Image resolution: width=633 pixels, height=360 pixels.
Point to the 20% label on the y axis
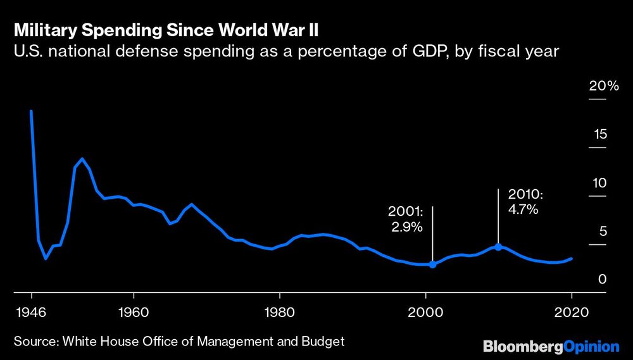[603, 86]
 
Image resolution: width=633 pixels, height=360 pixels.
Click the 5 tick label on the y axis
[603, 231]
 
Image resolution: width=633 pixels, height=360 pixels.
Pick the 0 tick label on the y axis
[603, 280]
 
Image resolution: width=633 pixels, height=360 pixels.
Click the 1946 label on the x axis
[31, 312]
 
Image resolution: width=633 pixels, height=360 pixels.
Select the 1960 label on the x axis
[134, 312]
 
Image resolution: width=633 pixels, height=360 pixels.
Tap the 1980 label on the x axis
[279, 312]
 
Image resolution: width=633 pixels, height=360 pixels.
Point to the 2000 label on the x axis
[425, 312]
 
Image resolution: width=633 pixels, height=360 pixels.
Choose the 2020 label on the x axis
[571, 312]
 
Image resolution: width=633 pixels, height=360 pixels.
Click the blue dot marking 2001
[433, 264]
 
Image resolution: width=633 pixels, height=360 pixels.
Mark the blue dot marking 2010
[498, 247]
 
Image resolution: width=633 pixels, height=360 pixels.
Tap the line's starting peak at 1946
[31, 111]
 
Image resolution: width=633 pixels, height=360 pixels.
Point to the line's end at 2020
[572, 258]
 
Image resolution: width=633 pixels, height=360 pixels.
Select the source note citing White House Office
[179, 342]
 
